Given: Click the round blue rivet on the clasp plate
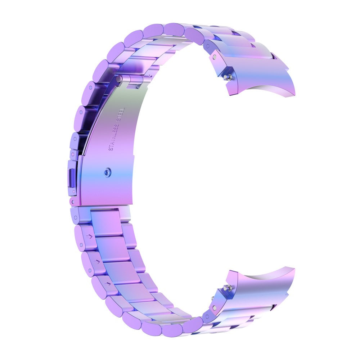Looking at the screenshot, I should [107, 173].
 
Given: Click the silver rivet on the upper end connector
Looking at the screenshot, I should [215, 57].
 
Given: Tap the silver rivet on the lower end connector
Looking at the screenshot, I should [215, 307].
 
